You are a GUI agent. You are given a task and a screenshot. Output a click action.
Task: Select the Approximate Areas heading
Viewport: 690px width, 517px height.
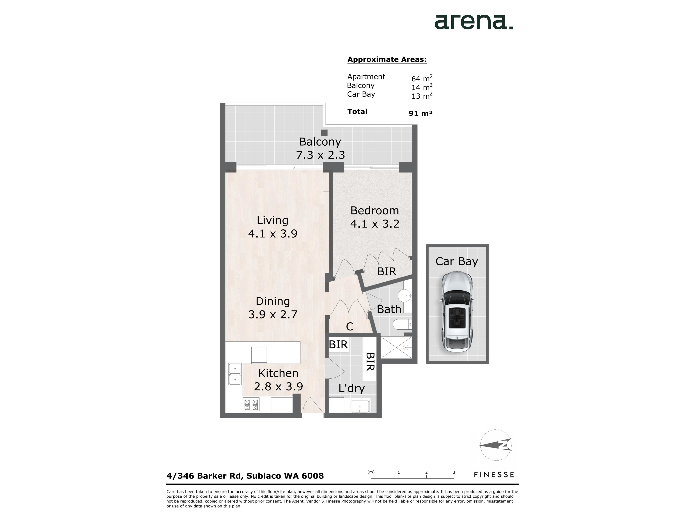click(x=387, y=60)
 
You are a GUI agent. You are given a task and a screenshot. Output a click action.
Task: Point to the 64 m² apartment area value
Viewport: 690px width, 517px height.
click(x=422, y=78)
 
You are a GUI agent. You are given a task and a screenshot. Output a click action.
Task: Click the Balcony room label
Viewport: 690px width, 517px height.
click(x=320, y=142)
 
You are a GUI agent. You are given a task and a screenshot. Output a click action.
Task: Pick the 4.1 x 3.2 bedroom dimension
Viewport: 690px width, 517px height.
click(x=375, y=224)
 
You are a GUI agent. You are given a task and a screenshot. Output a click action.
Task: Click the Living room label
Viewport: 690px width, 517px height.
click(x=272, y=220)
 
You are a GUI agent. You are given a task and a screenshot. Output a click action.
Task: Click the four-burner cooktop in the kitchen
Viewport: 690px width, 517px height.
click(x=251, y=405)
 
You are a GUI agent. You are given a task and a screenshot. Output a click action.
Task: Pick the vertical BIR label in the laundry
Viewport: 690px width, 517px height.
click(x=370, y=362)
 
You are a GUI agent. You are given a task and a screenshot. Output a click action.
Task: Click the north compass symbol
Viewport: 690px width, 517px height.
click(x=495, y=445)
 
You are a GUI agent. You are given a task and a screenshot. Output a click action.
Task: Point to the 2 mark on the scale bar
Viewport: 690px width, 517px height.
click(x=426, y=472)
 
